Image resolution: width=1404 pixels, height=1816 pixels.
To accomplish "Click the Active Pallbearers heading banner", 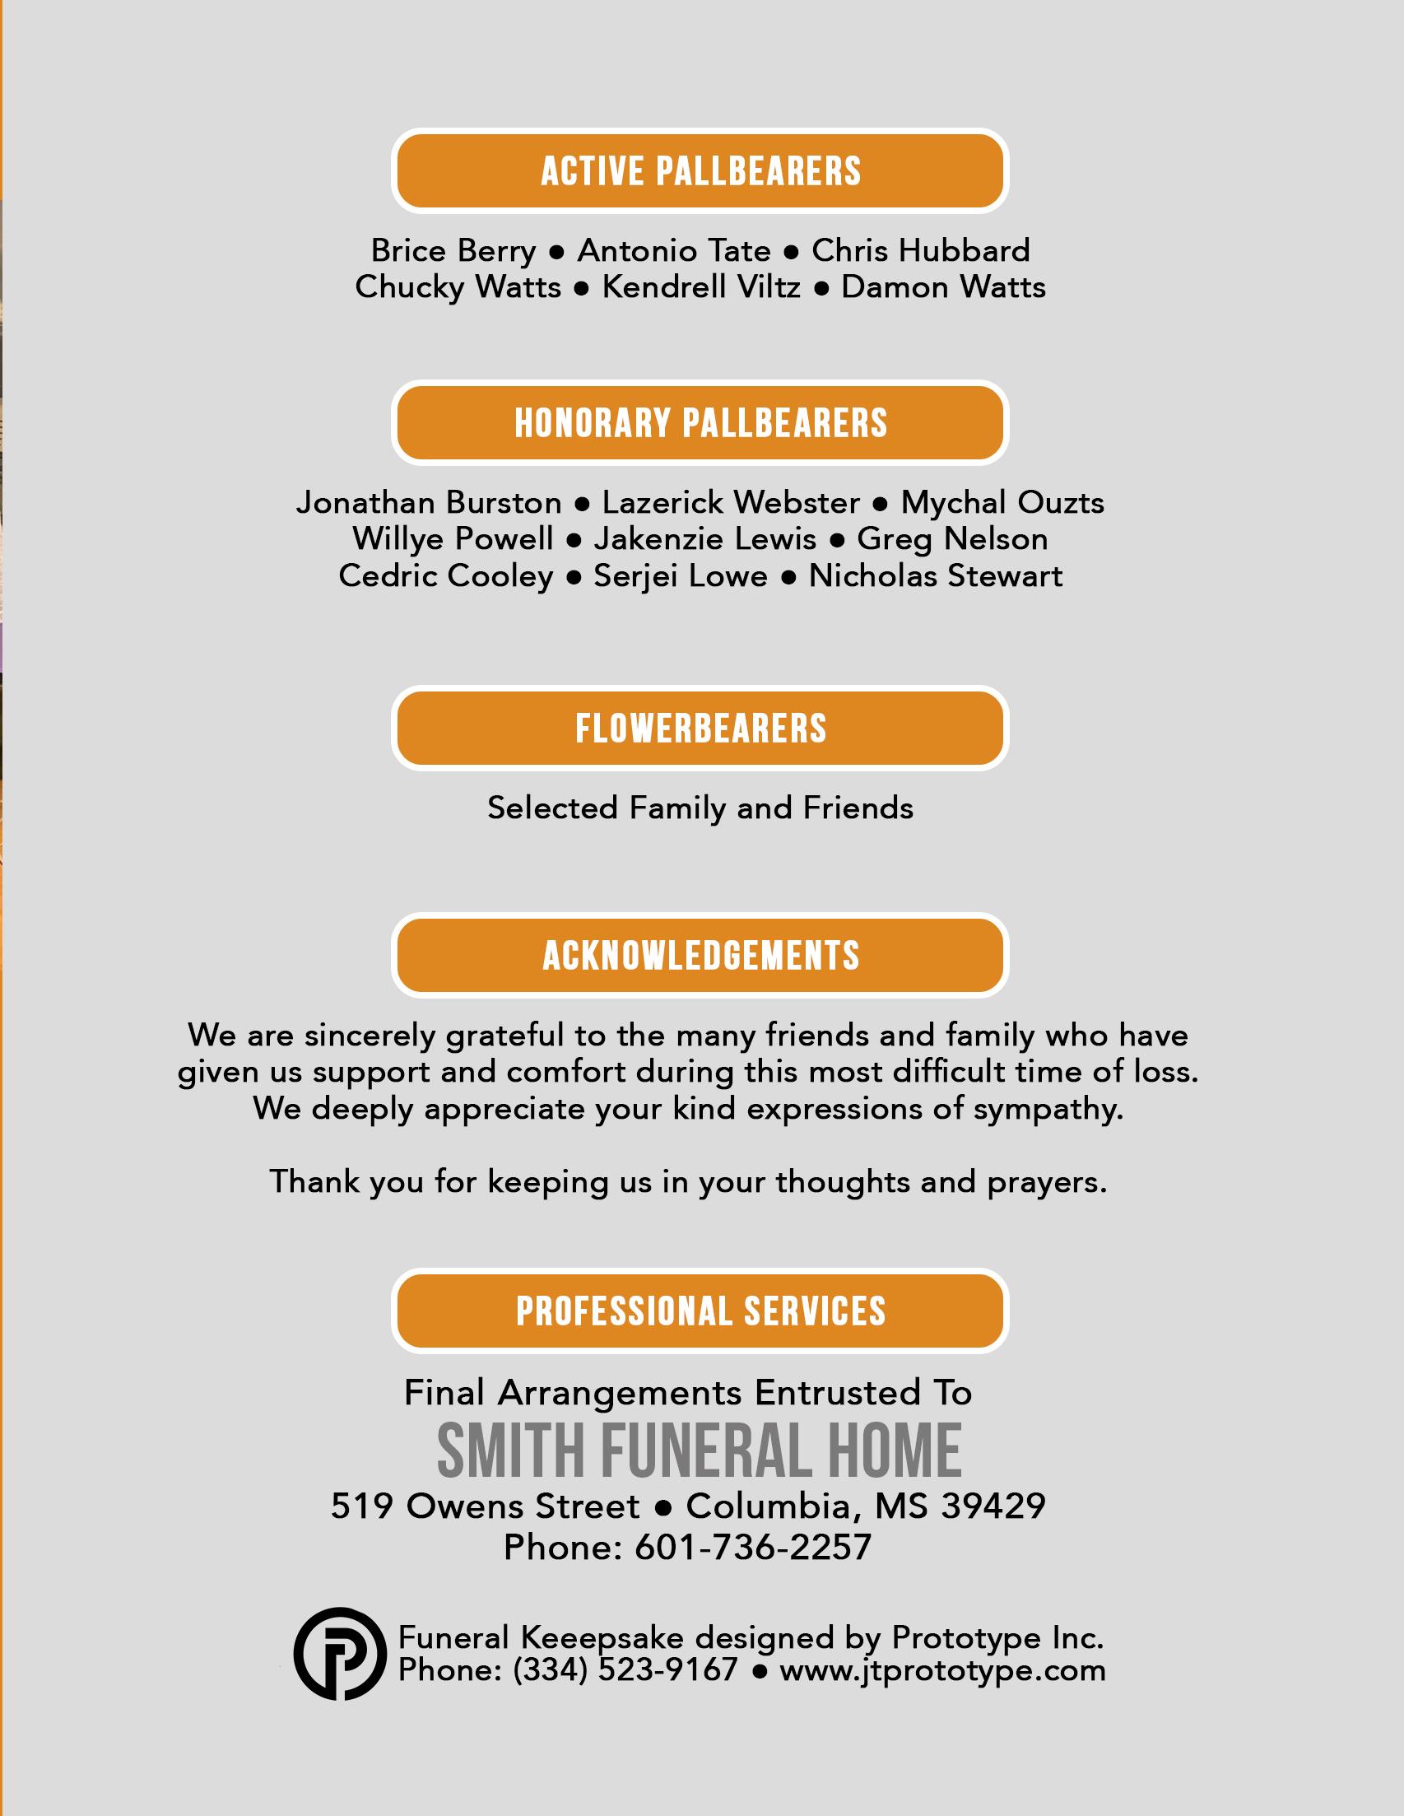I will [700, 171].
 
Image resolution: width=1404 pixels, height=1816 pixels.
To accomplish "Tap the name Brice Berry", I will [453, 250].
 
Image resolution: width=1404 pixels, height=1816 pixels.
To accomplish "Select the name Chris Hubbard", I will [920, 250].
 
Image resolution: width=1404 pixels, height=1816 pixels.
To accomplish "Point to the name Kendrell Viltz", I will [700, 286].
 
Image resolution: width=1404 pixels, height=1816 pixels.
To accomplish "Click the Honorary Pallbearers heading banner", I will [700, 422].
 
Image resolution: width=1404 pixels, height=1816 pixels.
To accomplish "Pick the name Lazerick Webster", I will [731, 502].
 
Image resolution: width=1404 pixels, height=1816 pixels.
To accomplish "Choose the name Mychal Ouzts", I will [1002, 502].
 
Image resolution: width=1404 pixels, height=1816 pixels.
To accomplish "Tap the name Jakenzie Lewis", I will [705, 539].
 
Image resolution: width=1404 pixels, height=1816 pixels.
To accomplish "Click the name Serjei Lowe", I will [680, 575].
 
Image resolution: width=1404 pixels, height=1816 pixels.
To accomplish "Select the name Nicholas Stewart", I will [935, 575].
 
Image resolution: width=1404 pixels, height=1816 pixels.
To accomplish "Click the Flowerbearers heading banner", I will [700, 729].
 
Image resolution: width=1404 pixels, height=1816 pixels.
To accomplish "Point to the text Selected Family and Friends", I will [700, 808].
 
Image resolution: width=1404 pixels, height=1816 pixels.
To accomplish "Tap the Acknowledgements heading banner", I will [700, 956].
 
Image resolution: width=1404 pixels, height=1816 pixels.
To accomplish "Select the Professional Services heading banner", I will [700, 1311].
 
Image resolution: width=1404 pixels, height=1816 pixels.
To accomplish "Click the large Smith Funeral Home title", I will [700, 1451].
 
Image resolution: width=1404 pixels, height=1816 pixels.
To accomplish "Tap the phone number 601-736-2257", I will [752, 1548].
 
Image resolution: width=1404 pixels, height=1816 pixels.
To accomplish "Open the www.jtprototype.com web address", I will [942, 1669].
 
